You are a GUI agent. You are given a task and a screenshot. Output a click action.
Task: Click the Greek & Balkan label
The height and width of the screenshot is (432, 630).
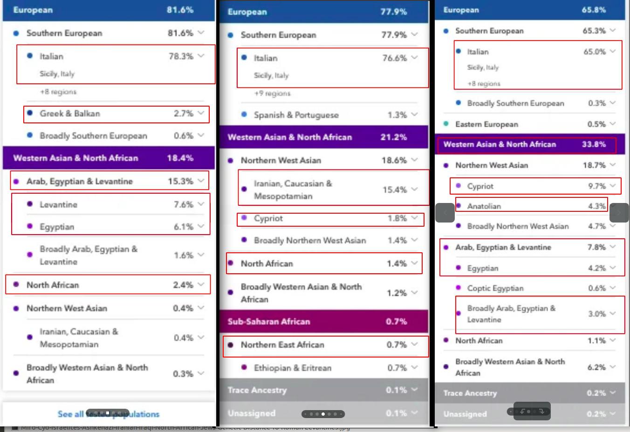point(69,114)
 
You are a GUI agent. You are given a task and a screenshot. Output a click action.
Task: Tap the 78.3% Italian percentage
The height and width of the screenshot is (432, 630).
point(181,56)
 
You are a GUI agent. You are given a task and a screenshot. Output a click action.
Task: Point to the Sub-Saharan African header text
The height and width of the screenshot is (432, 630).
point(269,322)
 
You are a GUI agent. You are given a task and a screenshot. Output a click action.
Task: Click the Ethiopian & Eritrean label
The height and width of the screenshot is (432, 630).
point(293,368)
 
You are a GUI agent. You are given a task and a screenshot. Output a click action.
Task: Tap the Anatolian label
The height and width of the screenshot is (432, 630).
point(484,206)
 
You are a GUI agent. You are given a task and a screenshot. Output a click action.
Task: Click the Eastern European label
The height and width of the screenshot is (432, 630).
point(486,124)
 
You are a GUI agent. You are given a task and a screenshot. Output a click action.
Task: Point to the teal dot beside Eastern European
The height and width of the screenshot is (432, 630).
point(446,124)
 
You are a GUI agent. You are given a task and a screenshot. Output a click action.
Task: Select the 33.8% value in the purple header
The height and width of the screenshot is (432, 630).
point(594,144)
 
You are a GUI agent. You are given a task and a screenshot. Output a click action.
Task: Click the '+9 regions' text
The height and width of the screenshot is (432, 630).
point(272,94)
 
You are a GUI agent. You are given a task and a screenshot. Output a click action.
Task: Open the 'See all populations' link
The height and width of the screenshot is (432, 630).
point(109,414)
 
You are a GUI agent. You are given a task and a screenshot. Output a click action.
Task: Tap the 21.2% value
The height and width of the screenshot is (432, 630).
point(393,137)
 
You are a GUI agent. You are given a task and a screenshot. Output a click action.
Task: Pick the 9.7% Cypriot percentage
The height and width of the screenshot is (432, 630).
point(597,186)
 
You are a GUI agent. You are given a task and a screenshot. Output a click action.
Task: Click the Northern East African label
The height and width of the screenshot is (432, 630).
point(282,345)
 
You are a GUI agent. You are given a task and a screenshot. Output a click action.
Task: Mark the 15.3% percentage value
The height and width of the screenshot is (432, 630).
point(180,182)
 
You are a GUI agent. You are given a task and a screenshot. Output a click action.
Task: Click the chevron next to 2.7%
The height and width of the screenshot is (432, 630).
point(201,113)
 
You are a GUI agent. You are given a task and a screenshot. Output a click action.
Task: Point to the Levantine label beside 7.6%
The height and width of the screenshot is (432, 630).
point(58,204)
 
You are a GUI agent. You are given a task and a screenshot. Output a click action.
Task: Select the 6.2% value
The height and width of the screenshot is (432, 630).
point(596,367)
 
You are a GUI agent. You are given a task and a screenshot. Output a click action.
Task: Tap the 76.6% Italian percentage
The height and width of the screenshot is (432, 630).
point(395,58)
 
